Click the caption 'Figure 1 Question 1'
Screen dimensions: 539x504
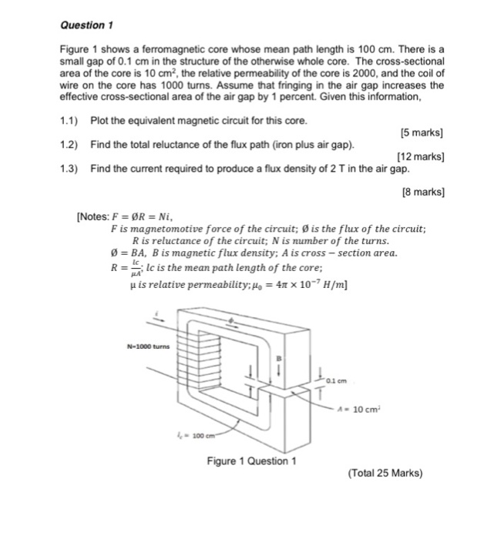tap(251, 461)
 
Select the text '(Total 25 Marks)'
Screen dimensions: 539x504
tap(385, 473)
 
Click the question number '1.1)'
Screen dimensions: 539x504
tap(71, 122)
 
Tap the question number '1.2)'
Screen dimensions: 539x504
tap(71, 145)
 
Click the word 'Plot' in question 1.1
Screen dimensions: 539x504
tap(99, 122)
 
